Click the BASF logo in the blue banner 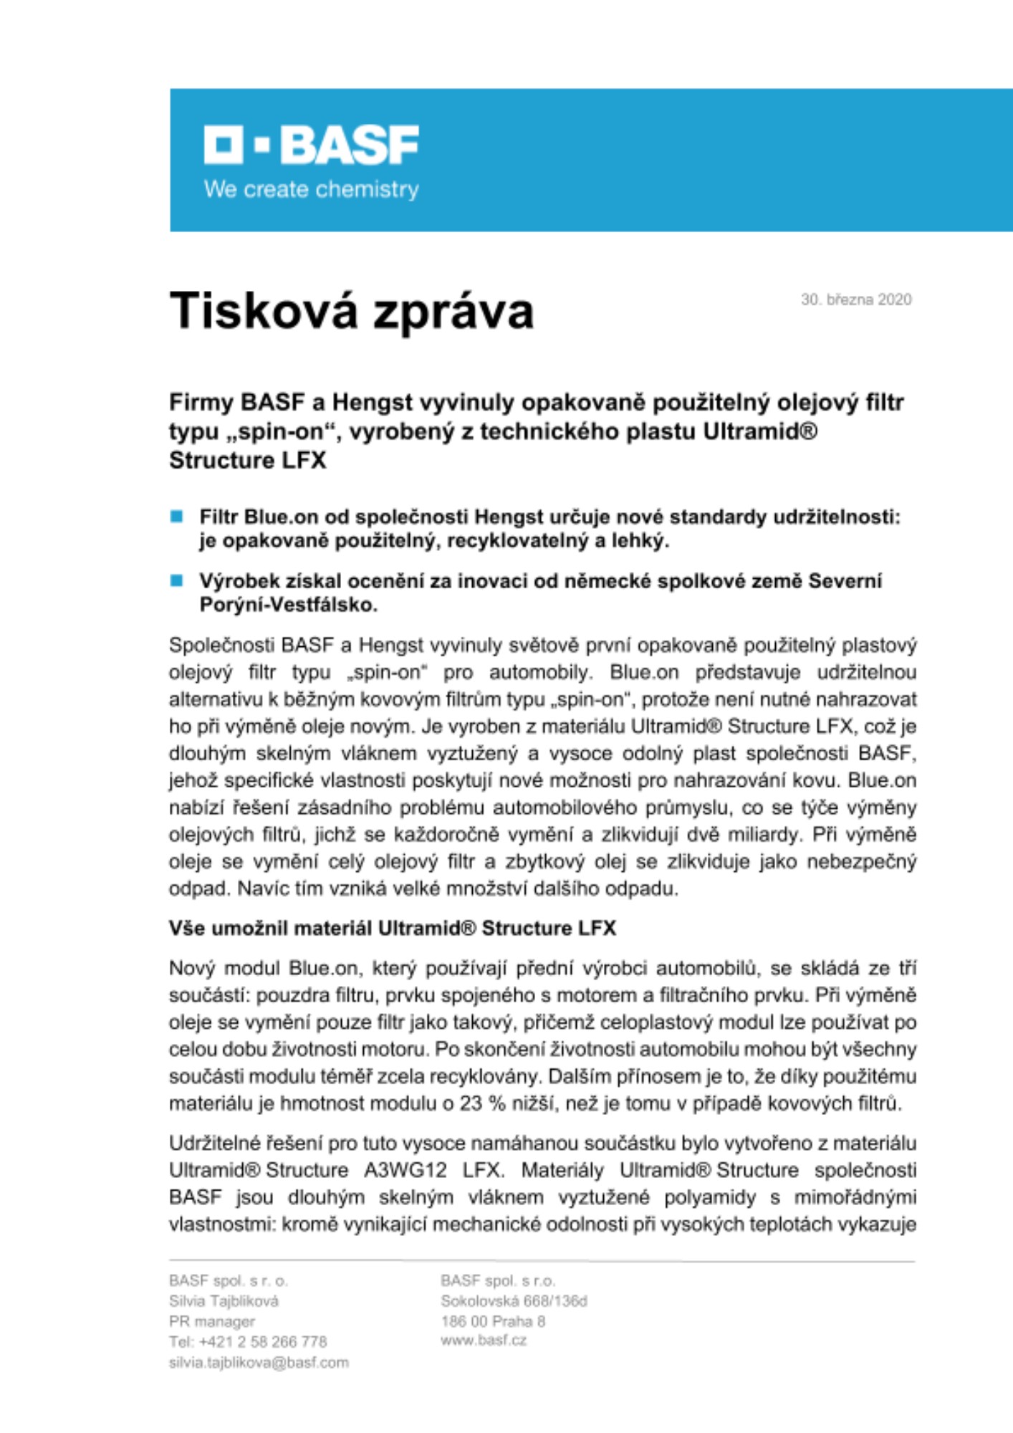(311, 145)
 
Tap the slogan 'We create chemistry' (311, 190)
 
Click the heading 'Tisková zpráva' (351, 311)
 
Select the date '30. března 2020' (855, 299)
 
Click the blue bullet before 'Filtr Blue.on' (177, 517)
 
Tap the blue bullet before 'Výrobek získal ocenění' (177, 580)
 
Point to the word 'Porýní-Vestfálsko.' (288, 605)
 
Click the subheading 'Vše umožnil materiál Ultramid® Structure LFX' (392, 929)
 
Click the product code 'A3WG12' (405, 1171)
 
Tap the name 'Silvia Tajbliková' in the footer (224, 1301)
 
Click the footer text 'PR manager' (212, 1321)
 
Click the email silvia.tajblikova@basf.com (259, 1363)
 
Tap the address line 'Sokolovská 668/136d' (514, 1301)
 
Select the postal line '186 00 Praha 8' (493, 1321)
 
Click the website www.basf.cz (484, 1341)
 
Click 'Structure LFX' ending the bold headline (247, 461)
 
